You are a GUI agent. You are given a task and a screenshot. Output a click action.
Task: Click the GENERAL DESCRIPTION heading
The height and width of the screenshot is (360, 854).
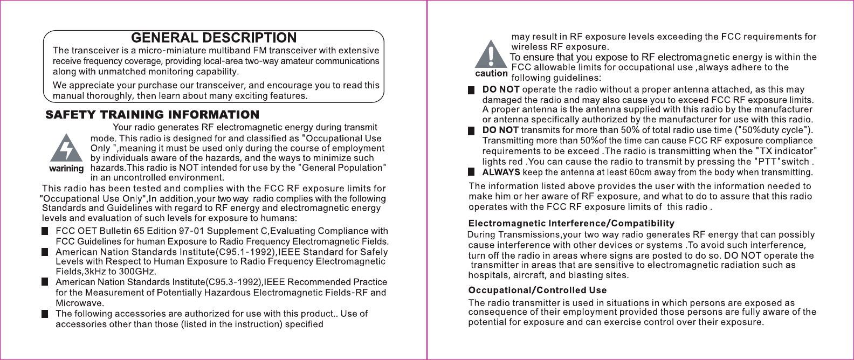pyautogui.click(x=214, y=38)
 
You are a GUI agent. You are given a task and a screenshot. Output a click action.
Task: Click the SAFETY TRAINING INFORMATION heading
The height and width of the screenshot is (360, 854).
pyautogui.click(x=153, y=115)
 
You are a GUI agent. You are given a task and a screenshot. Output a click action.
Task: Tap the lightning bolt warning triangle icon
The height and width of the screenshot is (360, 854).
pyautogui.click(x=66, y=148)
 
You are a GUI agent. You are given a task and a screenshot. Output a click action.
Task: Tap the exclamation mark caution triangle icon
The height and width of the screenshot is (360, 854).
pyautogui.click(x=491, y=54)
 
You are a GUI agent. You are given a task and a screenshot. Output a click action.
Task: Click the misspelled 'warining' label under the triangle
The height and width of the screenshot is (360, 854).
pyautogui.click(x=66, y=169)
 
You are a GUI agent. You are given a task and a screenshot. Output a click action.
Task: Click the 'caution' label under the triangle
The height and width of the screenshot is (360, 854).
pyautogui.click(x=491, y=73)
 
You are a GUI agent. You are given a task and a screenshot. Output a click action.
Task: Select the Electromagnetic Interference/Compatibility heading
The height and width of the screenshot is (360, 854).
pyautogui.click(x=571, y=223)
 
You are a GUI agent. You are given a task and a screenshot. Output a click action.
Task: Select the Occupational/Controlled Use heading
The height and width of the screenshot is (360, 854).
pyautogui.click(x=537, y=290)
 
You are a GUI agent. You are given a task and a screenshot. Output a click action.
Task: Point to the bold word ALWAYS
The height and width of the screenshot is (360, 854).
pyautogui.click(x=501, y=172)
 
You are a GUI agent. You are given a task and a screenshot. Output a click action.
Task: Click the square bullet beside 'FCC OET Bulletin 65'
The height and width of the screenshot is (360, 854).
pyautogui.click(x=45, y=231)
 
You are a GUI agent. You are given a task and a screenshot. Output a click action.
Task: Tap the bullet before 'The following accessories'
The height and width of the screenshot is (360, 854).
pyautogui.click(x=45, y=314)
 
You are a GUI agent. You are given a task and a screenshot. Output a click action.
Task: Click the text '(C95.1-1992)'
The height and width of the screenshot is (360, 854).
pyautogui.click(x=246, y=252)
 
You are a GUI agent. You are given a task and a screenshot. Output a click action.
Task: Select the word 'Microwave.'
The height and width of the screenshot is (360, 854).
pyautogui.click(x=80, y=303)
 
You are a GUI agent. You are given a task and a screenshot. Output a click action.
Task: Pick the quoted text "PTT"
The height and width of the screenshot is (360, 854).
pyautogui.click(x=768, y=162)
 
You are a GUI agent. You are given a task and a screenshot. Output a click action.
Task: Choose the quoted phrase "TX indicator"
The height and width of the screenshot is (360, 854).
pyautogui.click(x=787, y=151)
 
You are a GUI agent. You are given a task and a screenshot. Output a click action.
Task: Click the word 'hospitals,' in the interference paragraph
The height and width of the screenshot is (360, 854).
pyautogui.click(x=488, y=275)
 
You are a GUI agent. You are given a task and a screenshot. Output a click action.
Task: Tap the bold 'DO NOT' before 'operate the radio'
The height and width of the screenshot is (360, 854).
pyautogui.click(x=501, y=89)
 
